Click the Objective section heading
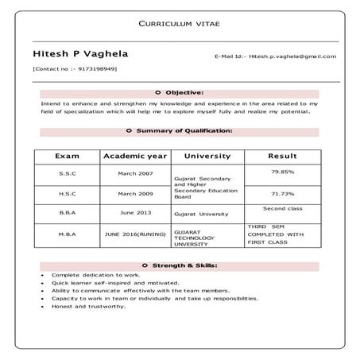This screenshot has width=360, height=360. click(x=180, y=93)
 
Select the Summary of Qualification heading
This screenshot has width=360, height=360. click(x=180, y=130)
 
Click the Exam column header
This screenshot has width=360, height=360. click(x=67, y=157)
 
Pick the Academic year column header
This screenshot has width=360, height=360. click(x=136, y=157)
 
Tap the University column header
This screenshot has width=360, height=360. click(x=207, y=157)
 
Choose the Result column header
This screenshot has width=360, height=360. click(x=282, y=157)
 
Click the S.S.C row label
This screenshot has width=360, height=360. click(x=67, y=173)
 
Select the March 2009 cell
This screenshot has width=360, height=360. click(x=136, y=194)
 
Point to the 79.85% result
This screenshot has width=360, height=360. click(x=282, y=171)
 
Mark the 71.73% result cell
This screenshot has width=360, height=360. click(x=282, y=193)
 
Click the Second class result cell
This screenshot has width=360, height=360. click(x=282, y=208)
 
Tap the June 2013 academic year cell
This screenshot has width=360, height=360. click(x=136, y=213)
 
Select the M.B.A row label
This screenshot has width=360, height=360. click(x=67, y=235)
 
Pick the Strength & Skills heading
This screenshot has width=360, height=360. click(x=180, y=265)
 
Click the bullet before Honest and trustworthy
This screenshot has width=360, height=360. click(x=42, y=306)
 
